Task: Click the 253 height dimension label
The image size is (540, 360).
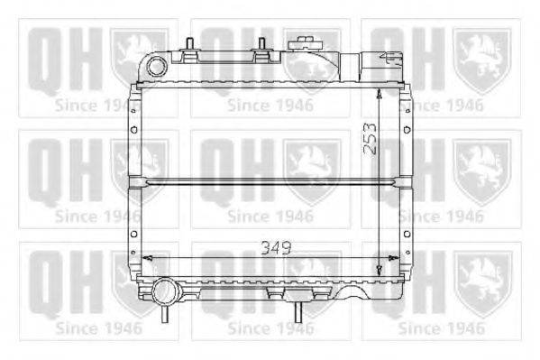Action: pos(371,139)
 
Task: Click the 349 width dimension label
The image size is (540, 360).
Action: pos(276,247)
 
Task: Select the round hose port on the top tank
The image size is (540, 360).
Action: pos(157,67)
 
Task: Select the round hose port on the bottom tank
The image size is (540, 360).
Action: pos(164,292)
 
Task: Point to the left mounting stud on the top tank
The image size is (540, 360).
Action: pos(189,44)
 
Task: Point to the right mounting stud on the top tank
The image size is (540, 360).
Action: pos(261,44)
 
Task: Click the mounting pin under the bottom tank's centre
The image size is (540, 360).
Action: pos(298,312)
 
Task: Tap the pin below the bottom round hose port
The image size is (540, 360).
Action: pos(165,314)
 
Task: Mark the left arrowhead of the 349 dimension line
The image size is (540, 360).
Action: pos(147,258)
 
